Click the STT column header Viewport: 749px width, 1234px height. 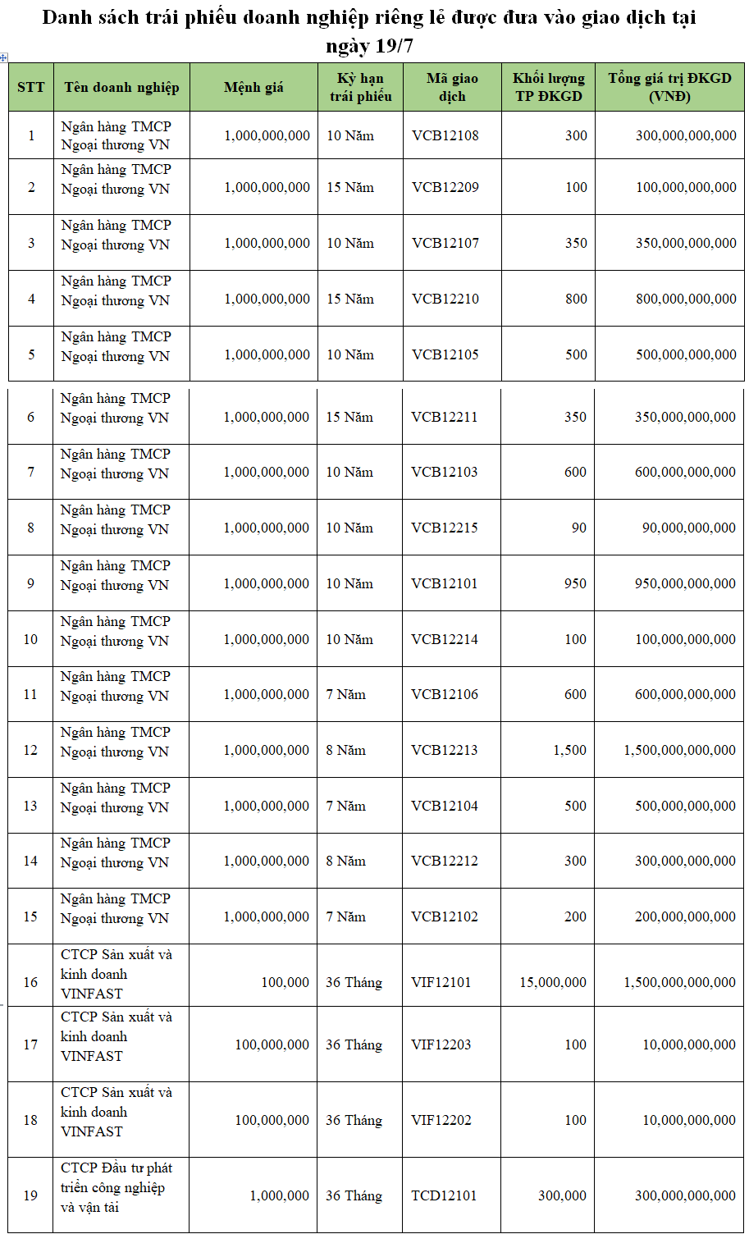point(31,87)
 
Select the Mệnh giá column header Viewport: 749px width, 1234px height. point(253,87)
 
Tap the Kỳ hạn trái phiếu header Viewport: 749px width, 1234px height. point(360,87)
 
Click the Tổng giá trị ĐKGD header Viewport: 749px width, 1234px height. point(669,87)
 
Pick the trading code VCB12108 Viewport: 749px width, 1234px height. point(445,135)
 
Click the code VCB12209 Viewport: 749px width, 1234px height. point(445,187)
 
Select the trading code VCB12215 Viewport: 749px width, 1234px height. point(445,528)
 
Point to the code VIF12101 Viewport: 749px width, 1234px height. point(441,982)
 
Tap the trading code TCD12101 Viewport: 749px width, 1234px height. point(444,1195)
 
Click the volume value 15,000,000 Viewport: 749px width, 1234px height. point(553,982)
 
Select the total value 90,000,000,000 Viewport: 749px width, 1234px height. point(689,528)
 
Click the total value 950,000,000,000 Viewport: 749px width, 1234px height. point(685,583)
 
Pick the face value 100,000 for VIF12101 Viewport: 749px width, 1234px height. point(285,982)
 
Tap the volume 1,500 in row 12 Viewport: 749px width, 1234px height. point(569,750)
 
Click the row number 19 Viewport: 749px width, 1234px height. point(30,1195)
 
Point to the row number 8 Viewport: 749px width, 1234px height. point(30,528)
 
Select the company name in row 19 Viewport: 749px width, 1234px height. point(116,1187)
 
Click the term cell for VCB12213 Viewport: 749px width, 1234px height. point(346,750)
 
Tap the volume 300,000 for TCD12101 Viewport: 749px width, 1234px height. point(562,1195)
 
